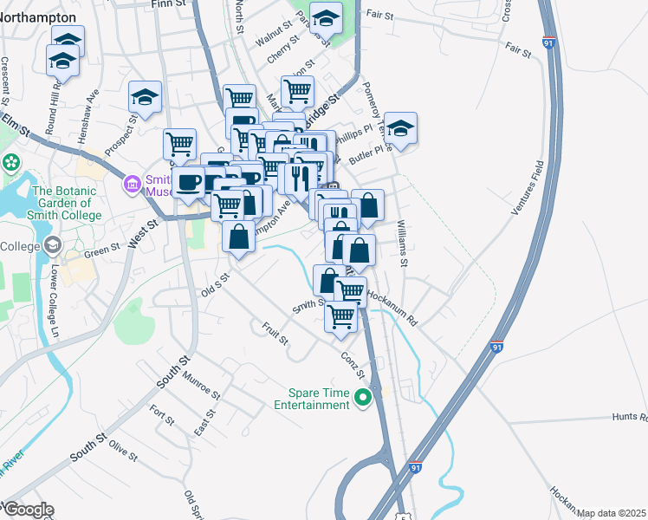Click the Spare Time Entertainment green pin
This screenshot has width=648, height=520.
pos(363,398)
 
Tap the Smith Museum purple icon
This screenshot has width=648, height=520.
pos(133,184)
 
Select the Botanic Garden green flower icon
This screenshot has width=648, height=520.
pos(11,162)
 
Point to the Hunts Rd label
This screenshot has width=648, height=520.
pos(630,418)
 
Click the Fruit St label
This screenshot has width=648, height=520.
pos(275,333)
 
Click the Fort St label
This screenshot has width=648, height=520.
pos(162,415)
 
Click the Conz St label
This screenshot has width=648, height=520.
pos(353,360)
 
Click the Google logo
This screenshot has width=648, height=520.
pos(28,510)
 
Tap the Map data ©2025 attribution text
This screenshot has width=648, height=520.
pos(611,513)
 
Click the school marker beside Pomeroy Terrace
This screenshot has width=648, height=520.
pos(400,128)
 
